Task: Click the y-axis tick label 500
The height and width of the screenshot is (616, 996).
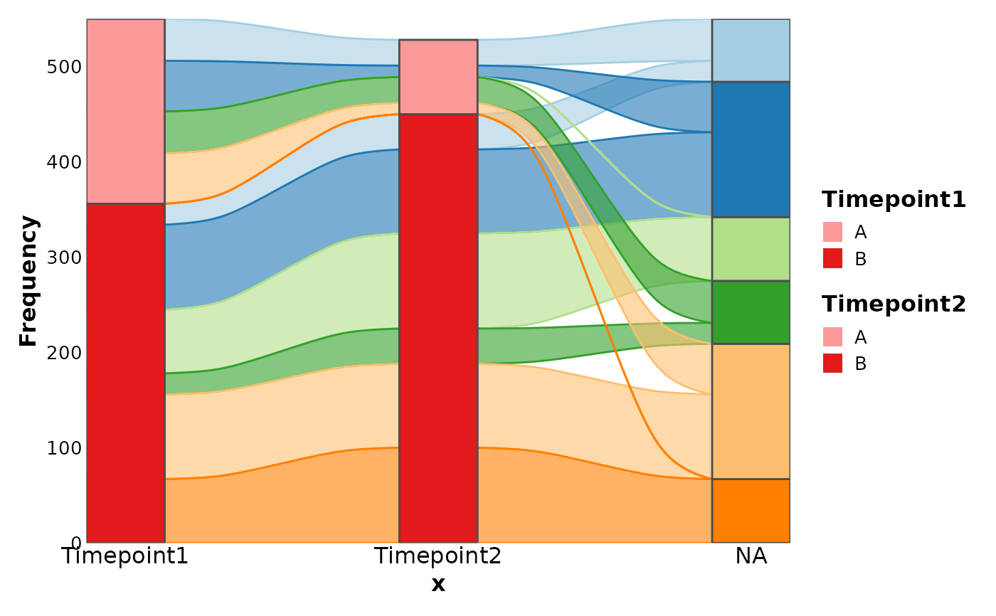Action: pyautogui.click(x=64, y=67)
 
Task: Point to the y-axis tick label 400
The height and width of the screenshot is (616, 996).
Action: pyautogui.click(x=64, y=162)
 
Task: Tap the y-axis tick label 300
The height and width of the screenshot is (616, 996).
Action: pyautogui.click(x=64, y=257)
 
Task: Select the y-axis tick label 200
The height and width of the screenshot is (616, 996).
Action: pyautogui.click(x=64, y=353)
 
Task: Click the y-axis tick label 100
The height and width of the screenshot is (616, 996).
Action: pyautogui.click(x=64, y=448)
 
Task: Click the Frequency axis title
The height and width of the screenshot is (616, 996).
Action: pyautogui.click(x=28, y=281)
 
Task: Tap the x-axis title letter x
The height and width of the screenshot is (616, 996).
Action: pyautogui.click(x=438, y=585)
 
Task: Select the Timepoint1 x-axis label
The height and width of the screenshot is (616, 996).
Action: pyautogui.click(x=125, y=556)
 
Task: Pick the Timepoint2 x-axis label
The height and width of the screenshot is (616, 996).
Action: pyautogui.click(x=438, y=556)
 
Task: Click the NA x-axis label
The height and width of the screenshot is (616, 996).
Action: pyautogui.click(x=751, y=556)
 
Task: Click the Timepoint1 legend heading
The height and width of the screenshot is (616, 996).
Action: pyautogui.click(x=894, y=200)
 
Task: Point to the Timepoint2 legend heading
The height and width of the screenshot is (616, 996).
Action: pyautogui.click(x=894, y=304)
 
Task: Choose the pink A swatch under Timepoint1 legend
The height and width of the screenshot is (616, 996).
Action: pyautogui.click(x=832, y=232)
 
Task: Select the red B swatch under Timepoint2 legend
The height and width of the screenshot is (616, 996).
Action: pyautogui.click(x=832, y=363)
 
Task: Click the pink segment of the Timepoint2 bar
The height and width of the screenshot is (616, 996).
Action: pyautogui.click(x=438, y=77)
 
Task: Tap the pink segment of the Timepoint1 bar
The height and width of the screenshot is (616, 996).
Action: pyautogui.click(x=125, y=111)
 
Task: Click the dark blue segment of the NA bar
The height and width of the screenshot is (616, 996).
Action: pyautogui.click(x=751, y=149)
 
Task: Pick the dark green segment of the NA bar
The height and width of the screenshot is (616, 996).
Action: pyautogui.click(x=751, y=312)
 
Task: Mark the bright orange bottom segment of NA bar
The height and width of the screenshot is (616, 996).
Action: pyautogui.click(x=751, y=511)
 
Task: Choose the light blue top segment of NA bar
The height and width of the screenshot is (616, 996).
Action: pyautogui.click(x=751, y=51)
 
